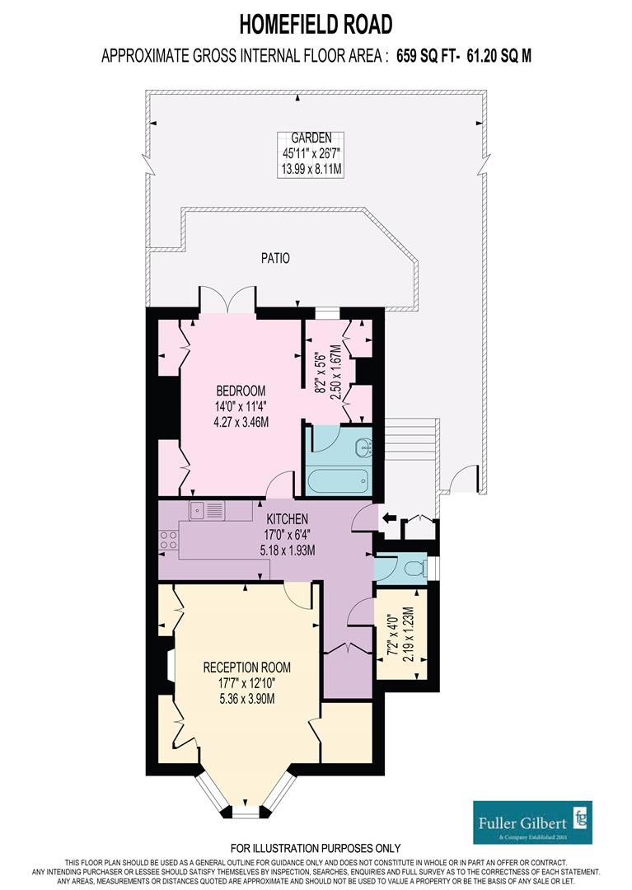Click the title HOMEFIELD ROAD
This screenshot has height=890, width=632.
point(316,25)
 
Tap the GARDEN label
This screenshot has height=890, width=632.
point(311,138)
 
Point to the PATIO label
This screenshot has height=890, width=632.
point(275,258)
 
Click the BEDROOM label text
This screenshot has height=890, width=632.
point(241,391)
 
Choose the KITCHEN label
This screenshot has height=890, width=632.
point(288,519)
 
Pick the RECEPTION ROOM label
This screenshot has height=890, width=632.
point(247,667)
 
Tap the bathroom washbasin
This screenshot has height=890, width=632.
point(362,447)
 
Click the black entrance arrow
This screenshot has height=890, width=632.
point(390,518)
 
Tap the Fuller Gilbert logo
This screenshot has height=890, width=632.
point(533,822)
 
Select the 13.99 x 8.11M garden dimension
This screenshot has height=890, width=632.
point(311,169)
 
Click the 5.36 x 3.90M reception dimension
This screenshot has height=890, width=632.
point(247,699)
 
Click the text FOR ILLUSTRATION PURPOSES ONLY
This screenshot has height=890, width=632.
point(316,848)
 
